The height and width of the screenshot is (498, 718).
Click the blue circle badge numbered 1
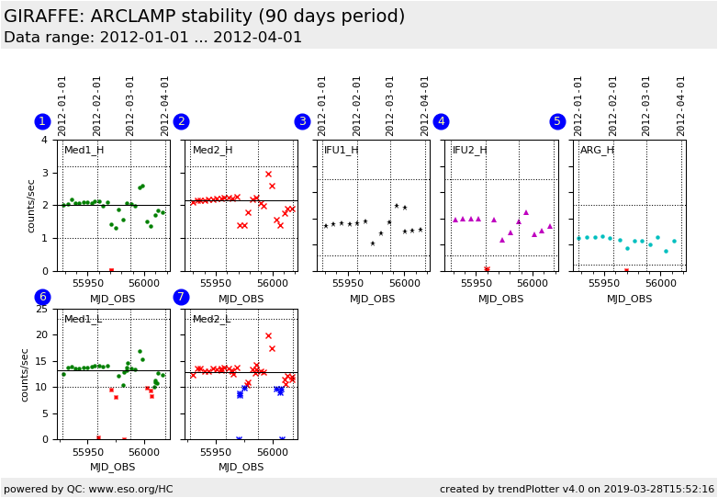(x=42, y=121)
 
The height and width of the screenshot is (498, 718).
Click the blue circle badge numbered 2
(x=181, y=121)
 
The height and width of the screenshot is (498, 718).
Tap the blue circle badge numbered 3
(x=302, y=121)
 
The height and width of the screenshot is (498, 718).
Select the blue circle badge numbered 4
(x=441, y=121)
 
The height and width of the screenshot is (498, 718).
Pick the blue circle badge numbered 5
(x=557, y=121)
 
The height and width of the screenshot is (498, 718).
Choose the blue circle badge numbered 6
(x=42, y=297)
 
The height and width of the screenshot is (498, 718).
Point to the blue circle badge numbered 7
(x=181, y=297)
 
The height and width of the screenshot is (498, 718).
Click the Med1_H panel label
(x=84, y=151)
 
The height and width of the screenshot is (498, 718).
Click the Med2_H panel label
(x=213, y=151)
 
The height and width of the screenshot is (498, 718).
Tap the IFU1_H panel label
(x=342, y=151)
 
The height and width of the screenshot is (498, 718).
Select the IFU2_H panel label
(x=470, y=151)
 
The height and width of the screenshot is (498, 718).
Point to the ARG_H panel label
(x=598, y=151)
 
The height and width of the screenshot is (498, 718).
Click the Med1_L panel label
(x=84, y=320)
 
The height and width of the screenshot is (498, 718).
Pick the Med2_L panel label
(x=212, y=320)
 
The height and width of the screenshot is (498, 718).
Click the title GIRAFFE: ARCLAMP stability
(x=204, y=17)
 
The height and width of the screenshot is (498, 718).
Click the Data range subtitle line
(x=152, y=38)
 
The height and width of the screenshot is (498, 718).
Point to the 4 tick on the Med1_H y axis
(x=45, y=141)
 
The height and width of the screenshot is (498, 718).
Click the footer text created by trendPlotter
(x=577, y=490)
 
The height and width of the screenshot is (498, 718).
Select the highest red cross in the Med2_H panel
(x=268, y=174)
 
